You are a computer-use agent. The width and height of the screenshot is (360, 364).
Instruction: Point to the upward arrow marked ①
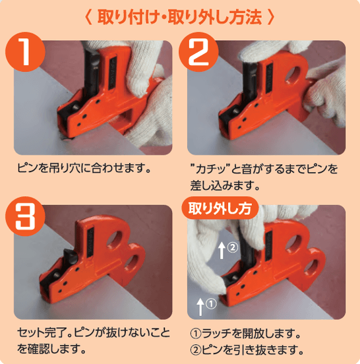tap(200, 304)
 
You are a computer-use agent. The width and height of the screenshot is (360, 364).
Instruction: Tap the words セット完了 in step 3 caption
tap(41, 332)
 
